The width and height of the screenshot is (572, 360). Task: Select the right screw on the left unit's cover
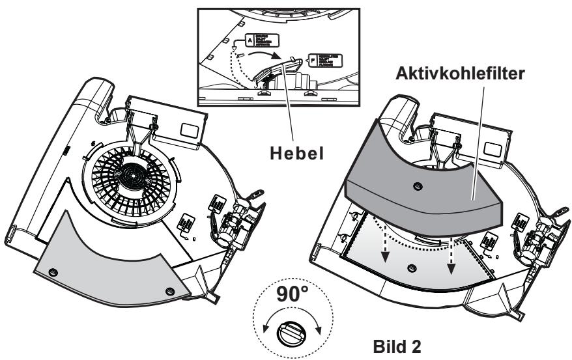170,290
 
